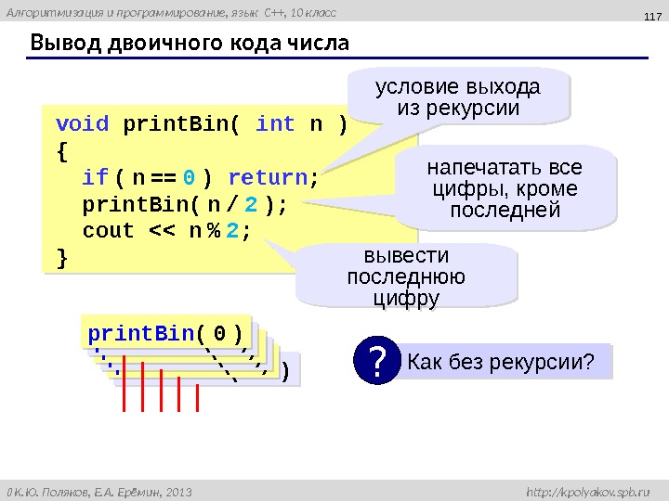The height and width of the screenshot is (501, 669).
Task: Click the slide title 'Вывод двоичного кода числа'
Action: point(190,44)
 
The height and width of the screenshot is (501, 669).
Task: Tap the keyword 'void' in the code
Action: point(82,124)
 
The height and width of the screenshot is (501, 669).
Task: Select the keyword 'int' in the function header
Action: point(275,124)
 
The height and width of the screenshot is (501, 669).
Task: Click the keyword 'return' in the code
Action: point(269,177)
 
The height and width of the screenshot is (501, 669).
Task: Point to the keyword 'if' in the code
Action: point(95,177)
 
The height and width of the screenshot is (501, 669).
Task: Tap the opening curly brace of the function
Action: point(62,150)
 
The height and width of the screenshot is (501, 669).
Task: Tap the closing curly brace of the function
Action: point(62,257)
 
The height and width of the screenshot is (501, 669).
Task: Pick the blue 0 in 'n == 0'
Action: point(189,177)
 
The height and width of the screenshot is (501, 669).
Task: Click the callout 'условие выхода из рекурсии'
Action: point(456,98)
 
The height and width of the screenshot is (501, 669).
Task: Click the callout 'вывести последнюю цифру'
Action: point(405,276)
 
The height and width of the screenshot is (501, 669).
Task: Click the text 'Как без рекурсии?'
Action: point(501,362)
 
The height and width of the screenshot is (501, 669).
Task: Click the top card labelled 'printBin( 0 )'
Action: point(165,332)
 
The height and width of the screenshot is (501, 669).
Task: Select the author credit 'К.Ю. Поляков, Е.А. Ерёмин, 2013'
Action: point(104,489)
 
